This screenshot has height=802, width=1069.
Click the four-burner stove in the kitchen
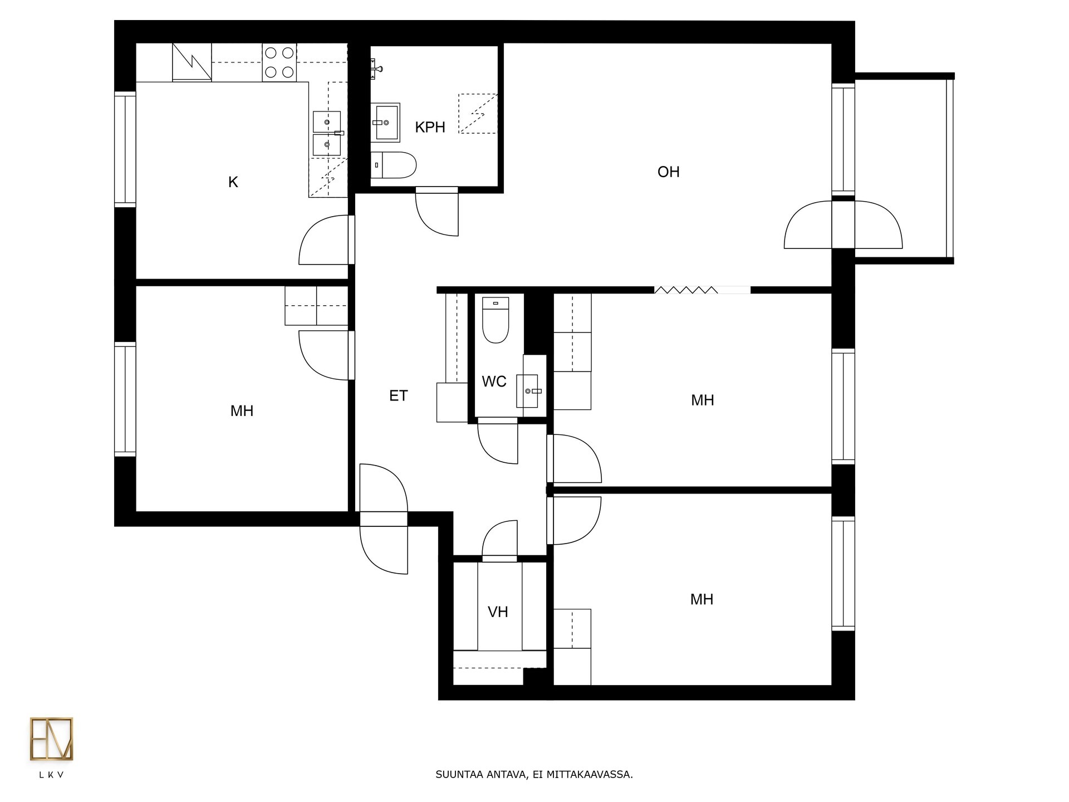click(279, 62)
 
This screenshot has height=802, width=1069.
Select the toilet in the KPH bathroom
click(394, 165)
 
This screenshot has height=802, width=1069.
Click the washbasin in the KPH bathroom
click(385, 122)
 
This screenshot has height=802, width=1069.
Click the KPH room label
click(430, 128)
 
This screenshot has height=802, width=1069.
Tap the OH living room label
click(668, 172)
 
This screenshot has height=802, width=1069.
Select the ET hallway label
click(398, 396)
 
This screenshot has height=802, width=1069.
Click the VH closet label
click(498, 612)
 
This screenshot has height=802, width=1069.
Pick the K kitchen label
click(233, 182)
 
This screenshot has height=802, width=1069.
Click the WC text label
click(494, 382)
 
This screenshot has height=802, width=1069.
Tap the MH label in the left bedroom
click(242, 411)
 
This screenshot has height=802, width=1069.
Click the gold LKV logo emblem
click(51, 739)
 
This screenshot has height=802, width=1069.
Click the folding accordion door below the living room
click(686, 290)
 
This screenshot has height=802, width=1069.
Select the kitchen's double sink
click(327, 133)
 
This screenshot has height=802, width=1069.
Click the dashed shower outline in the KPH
click(478, 114)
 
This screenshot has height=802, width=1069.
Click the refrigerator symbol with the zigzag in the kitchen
click(192, 62)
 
